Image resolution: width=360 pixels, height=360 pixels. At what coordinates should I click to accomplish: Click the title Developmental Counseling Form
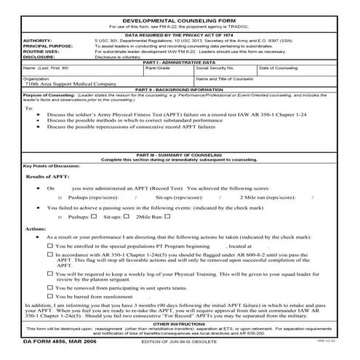[179, 14]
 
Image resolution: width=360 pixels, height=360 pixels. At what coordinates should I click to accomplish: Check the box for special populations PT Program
[50, 247]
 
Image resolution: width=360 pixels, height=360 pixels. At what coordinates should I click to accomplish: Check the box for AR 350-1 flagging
[50, 255]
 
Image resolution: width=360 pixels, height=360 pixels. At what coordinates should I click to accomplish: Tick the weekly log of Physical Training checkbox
[50, 273]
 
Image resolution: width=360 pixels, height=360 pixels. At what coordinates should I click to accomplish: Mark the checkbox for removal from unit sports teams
[50, 287]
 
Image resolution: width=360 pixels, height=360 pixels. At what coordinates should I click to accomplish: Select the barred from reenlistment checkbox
[50, 297]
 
